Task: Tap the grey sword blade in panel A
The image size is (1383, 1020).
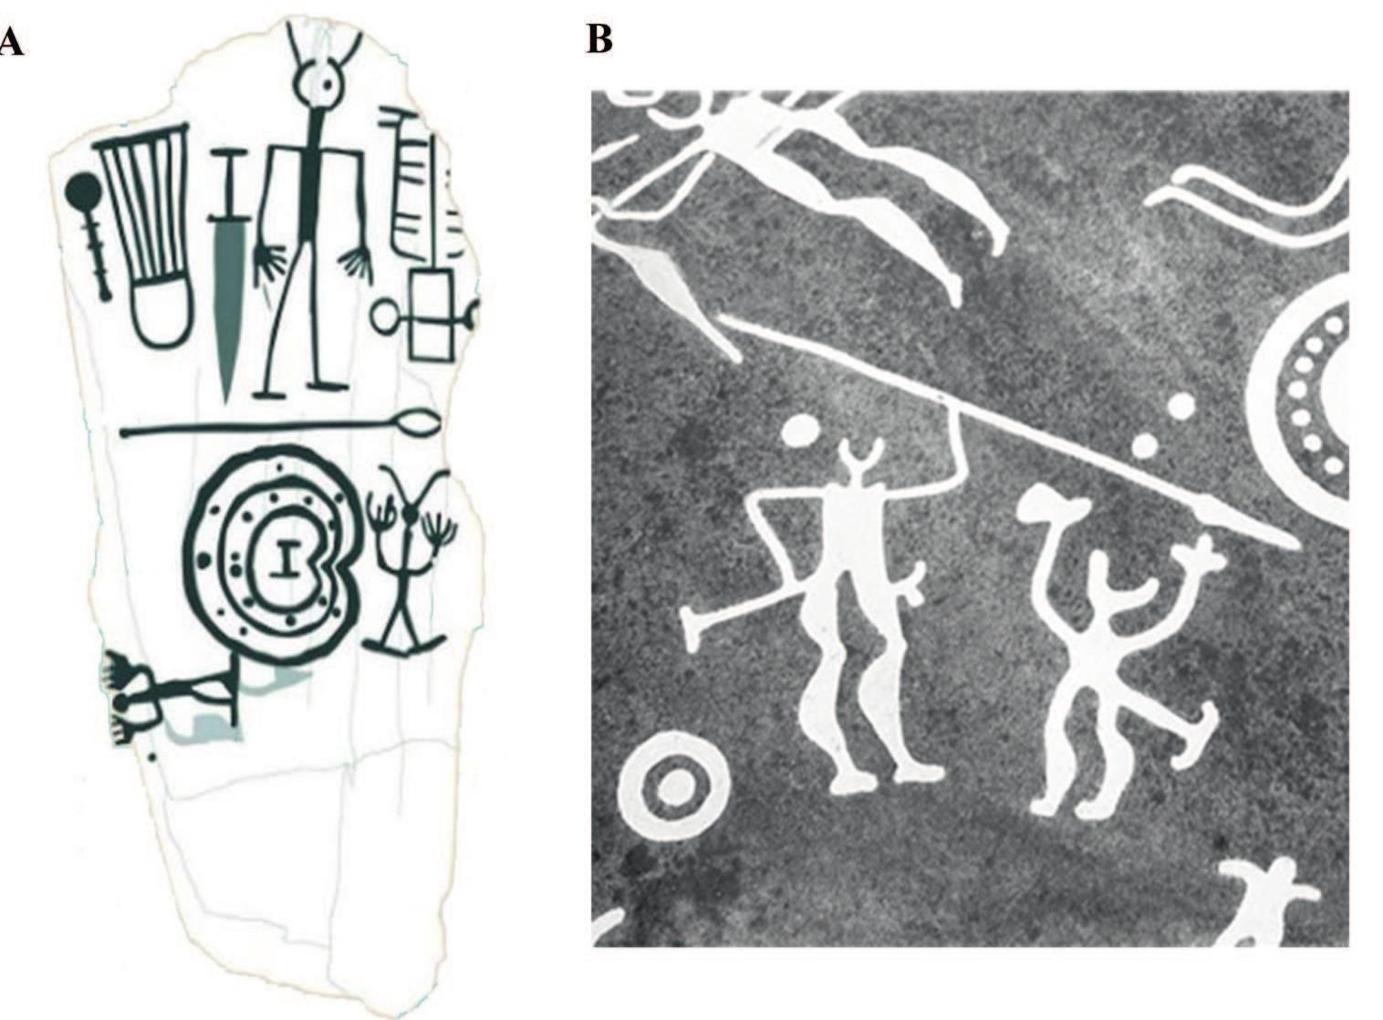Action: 226,301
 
